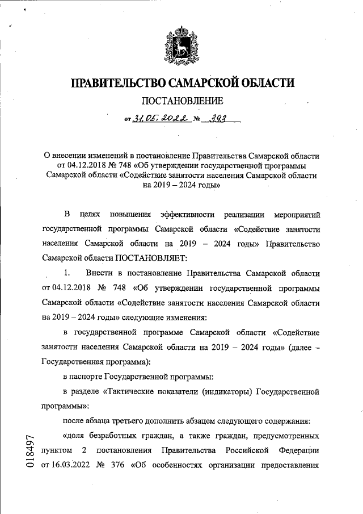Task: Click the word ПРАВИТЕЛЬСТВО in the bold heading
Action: pos(117,83)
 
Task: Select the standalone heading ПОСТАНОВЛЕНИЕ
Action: pos(181,102)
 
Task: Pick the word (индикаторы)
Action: pos(223,392)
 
